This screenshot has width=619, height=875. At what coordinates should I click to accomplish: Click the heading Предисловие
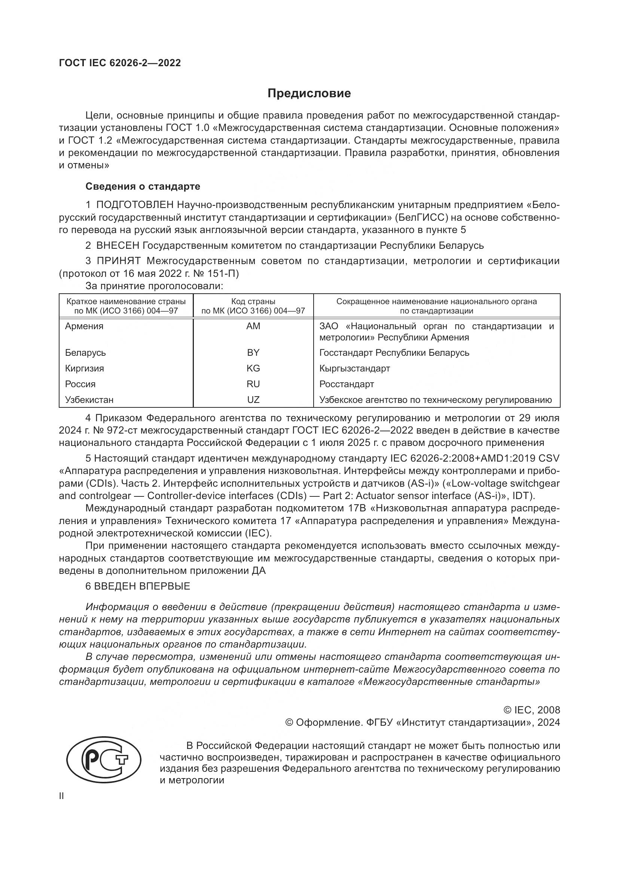click(x=309, y=94)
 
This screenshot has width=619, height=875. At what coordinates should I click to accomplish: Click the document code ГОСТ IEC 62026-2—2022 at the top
click(x=120, y=63)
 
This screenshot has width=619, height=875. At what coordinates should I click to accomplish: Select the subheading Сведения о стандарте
click(x=143, y=186)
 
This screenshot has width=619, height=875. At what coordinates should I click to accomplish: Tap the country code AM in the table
click(x=253, y=326)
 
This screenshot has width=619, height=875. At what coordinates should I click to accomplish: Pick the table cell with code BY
click(x=253, y=353)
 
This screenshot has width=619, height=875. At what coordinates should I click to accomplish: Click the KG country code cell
click(x=253, y=368)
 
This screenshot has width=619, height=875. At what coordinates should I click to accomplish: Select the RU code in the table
click(x=253, y=384)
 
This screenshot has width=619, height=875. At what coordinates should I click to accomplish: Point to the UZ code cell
click(x=253, y=400)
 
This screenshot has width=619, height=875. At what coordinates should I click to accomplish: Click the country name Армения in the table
click(x=84, y=326)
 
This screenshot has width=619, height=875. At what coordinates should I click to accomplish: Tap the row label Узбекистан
click(x=89, y=400)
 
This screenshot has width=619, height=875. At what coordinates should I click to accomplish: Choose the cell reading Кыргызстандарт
click(x=354, y=368)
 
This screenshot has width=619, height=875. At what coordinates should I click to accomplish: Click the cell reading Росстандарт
click(x=347, y=384)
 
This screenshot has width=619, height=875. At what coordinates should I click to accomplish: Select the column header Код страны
click(x=253, y=302)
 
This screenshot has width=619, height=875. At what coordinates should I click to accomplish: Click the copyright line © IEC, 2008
click(x=532, y=710)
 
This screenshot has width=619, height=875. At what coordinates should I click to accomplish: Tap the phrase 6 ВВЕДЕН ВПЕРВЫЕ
click(x=138, y=586)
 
